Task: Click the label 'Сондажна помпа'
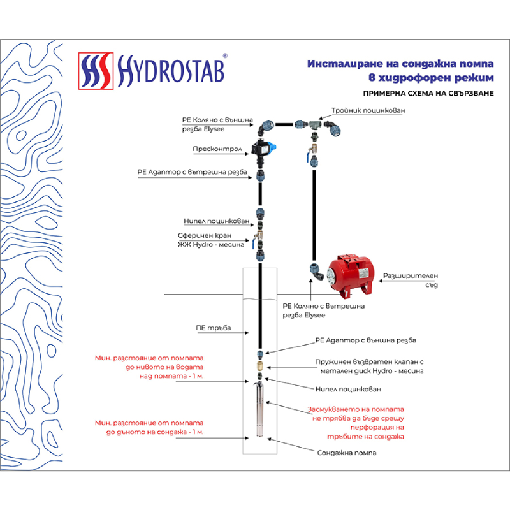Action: pyautogui.click(x=346, y=452)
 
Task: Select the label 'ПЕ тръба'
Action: pyautogui.click(x=214, y=328)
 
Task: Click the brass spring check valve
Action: pyautogui.click(x=260, y=367)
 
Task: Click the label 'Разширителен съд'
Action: pyautogui.click(x=411, y=280)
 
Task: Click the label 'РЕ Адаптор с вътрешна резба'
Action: pyautogui.click(x=193, y=172)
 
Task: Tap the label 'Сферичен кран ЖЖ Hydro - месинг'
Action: pyautogui.click(x=211, y=240)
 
